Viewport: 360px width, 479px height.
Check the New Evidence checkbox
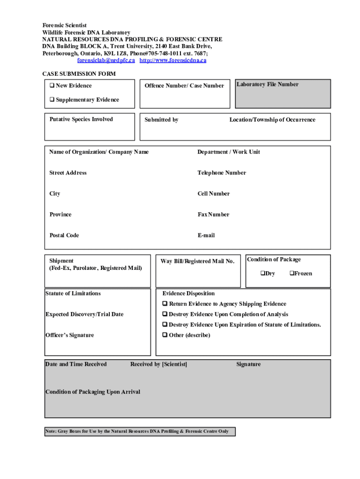(52, 86)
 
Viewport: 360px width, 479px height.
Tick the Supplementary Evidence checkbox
(52, 100)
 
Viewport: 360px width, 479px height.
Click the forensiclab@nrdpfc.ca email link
(106, 60)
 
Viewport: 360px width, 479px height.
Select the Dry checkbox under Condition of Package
(263, 273)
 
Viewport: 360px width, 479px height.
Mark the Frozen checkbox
(292, 273)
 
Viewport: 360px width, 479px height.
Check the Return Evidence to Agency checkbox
(165, 304)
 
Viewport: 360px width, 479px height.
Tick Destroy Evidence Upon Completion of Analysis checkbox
(165, 314)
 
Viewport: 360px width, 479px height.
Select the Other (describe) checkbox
(165, 335)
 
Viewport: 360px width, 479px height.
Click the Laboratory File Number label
(267, 84)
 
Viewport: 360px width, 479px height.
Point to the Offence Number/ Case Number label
(184, 86)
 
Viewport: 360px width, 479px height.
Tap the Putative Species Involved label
(81, 119)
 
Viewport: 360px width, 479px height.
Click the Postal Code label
(64, 235)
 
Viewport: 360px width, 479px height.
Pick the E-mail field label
(206, 235)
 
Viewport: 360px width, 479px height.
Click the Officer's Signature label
(69, 335)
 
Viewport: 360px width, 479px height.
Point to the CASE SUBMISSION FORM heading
(79, 74)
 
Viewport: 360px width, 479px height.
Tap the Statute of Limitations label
(72, 293)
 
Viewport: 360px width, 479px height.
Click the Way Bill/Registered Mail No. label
(197, 261)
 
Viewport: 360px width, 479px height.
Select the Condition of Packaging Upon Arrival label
(93, 392)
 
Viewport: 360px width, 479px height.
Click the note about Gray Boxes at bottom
(137, 431)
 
